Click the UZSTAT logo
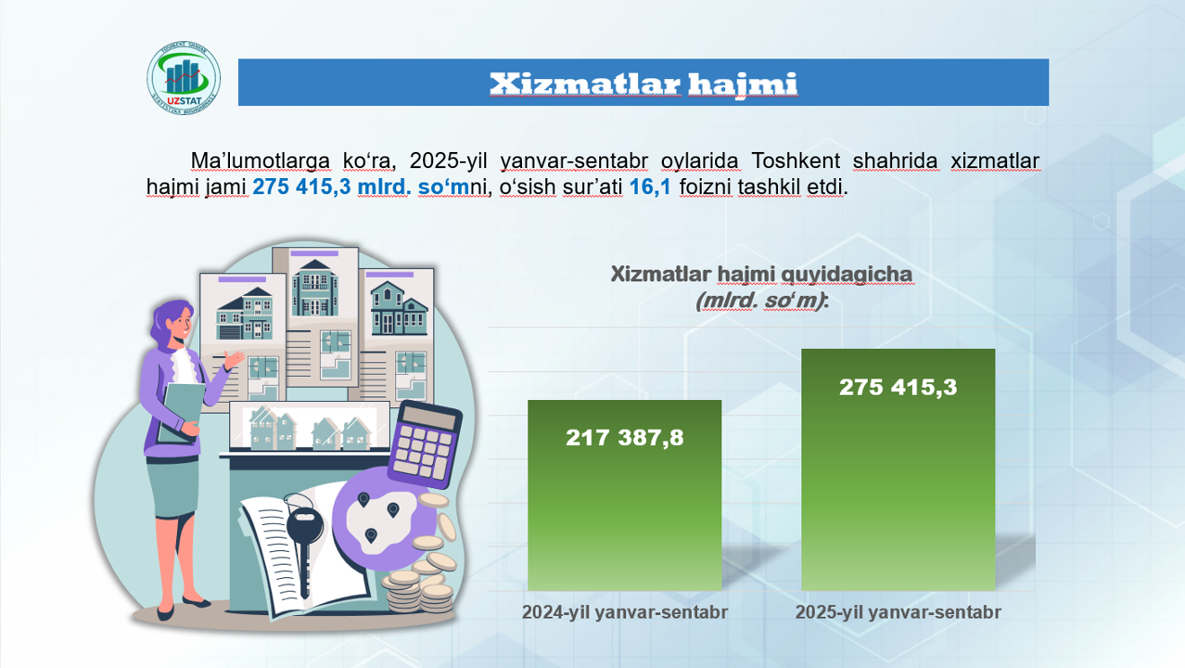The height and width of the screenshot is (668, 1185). click(184, 75)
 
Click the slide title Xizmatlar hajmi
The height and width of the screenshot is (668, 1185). click(643, 83)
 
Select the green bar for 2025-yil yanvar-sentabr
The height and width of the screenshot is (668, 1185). click(898, 492)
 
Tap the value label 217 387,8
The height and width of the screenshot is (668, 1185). click(624, 438)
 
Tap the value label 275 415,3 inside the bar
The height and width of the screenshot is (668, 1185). click(898, 387)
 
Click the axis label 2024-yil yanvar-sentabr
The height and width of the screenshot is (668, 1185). click(624, 612)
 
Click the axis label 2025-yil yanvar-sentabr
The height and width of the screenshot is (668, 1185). click(898, 612)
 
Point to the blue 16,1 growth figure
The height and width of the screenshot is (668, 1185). click(649, 187)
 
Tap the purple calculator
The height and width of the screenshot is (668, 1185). click(424, 444)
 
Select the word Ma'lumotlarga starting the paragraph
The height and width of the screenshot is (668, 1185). click(249, 161)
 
